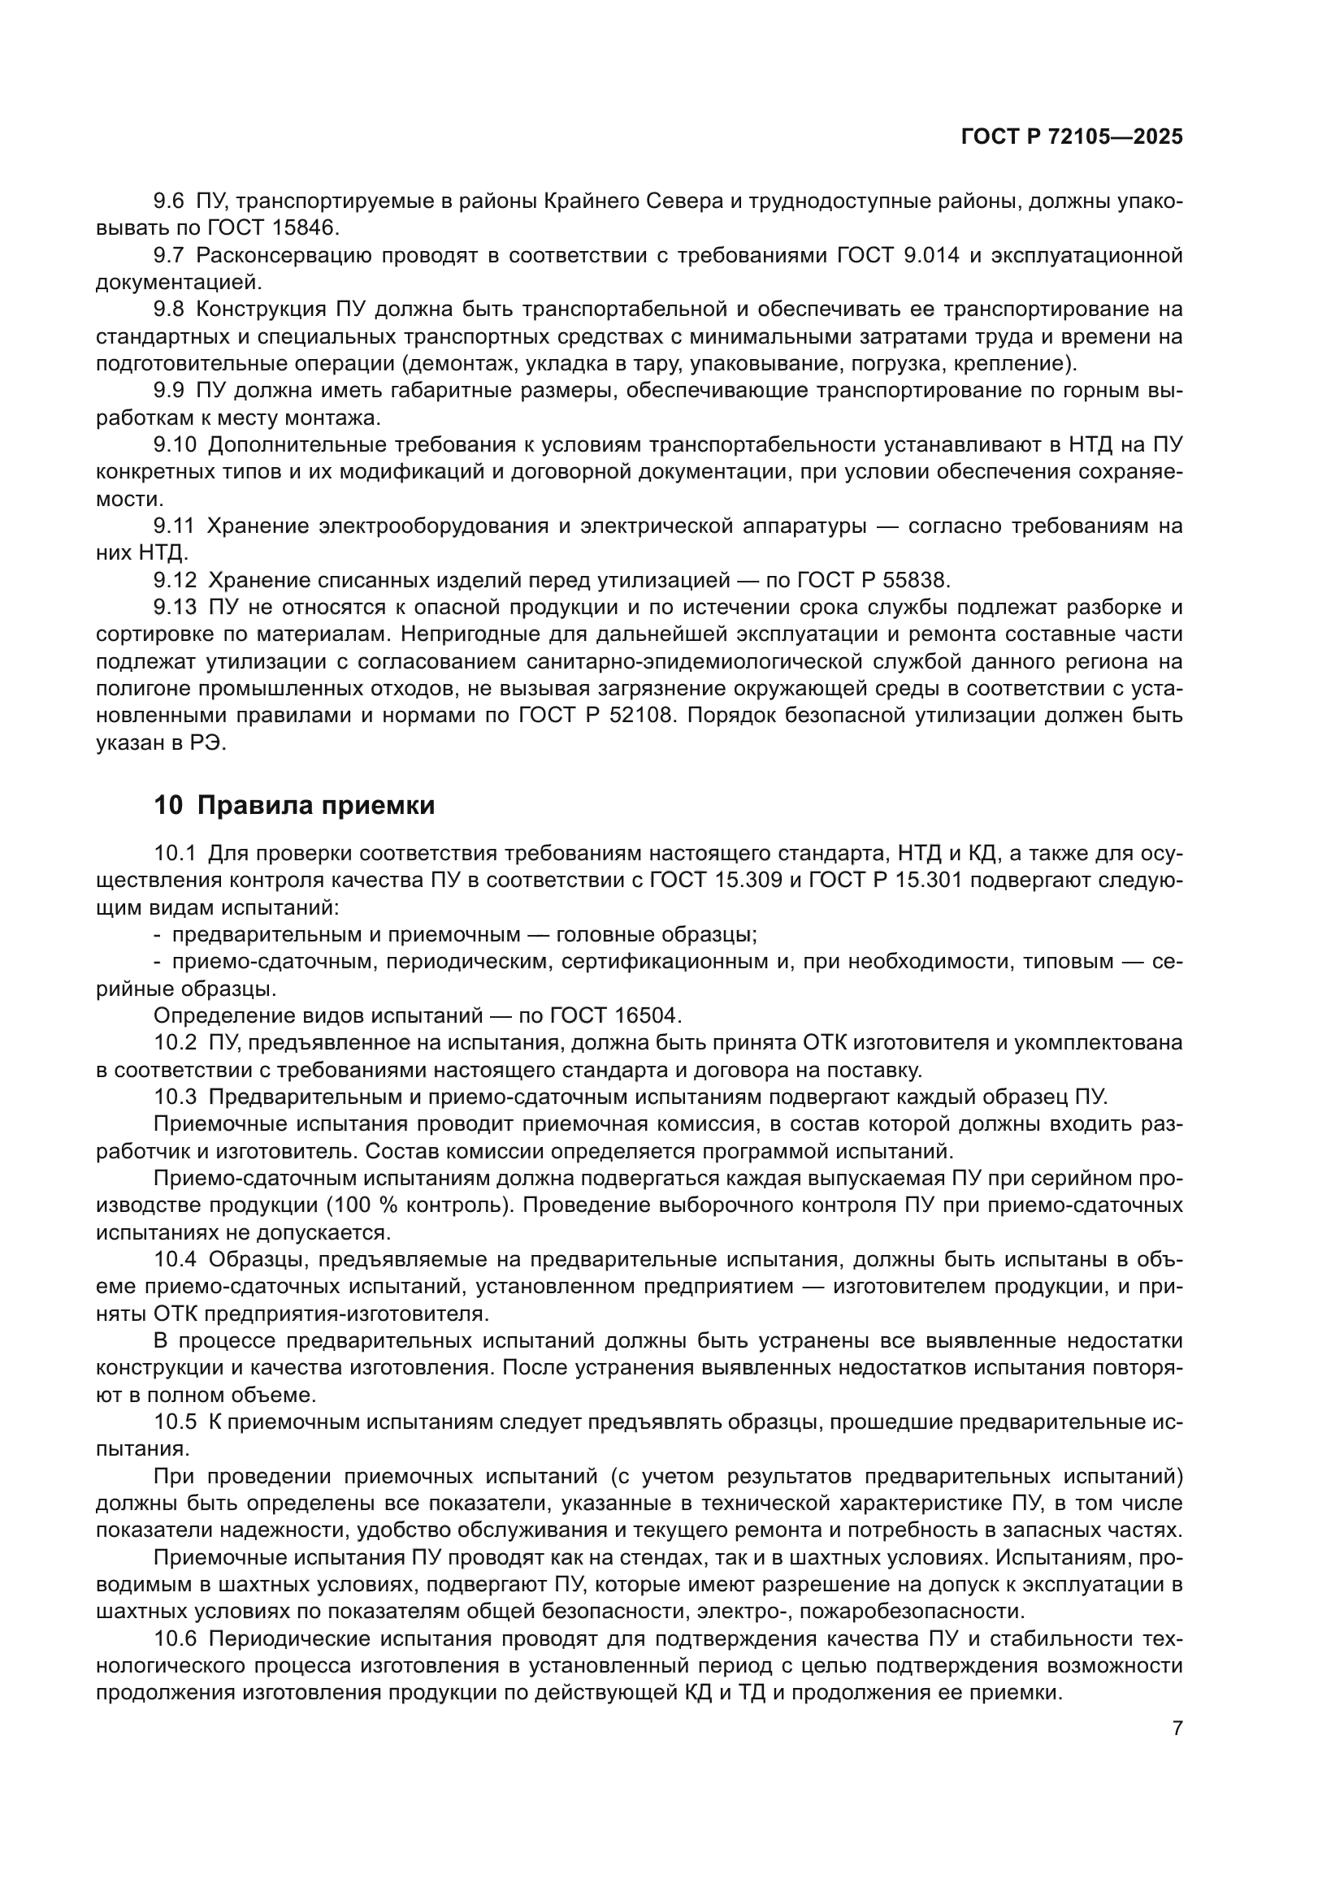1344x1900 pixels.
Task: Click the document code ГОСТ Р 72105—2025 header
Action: click(1072, 137)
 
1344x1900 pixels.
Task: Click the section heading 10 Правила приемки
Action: click(294, 805)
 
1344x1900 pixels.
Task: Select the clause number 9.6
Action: click(169, 201)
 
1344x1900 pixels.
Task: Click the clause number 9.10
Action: click(176, 445)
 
